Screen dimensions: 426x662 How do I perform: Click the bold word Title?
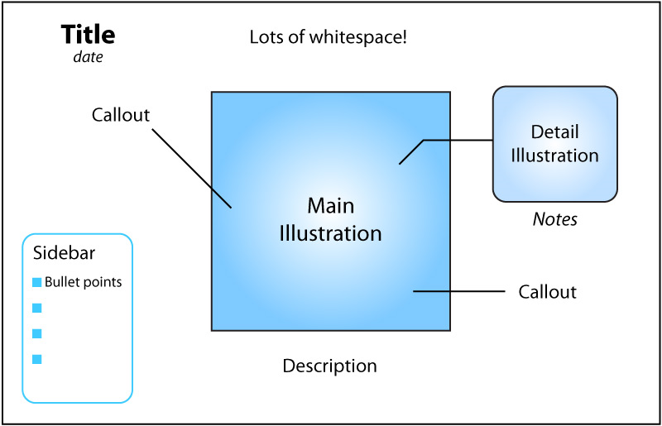point(88,35)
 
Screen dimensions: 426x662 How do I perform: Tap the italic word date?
point(88,57)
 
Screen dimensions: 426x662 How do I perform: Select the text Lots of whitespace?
point(328,37)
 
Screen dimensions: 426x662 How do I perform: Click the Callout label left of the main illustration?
point(121,115)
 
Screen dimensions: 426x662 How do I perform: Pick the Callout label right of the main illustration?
point(547,292)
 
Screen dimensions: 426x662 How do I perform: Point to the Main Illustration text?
point(330,219)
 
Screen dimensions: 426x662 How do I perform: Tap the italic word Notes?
point(554,220)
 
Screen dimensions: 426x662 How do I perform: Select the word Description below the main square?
point(329,366)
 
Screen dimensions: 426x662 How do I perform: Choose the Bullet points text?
point(83,282)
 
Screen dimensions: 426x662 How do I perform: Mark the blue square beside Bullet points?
point(36,282)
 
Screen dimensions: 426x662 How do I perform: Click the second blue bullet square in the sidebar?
point(36,308)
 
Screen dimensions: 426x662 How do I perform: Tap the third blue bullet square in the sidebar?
point(36,333)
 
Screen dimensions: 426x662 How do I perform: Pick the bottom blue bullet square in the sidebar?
point(36,359)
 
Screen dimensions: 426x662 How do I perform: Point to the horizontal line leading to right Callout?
point(458,291)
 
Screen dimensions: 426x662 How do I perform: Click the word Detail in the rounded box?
point(554,132)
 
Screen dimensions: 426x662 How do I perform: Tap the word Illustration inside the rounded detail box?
point(554,155)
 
